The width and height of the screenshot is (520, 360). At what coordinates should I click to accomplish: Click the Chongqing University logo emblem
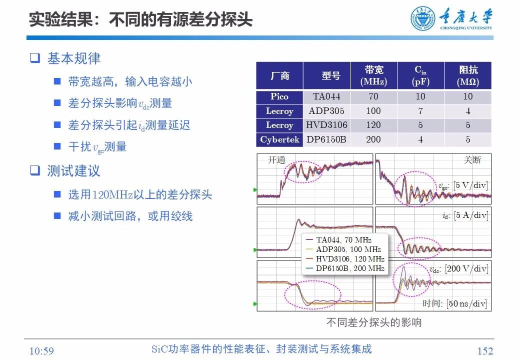coord(423,19)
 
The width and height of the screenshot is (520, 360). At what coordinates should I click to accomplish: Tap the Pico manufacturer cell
coord(279,96)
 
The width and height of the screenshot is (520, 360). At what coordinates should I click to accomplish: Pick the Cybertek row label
coord(279,139)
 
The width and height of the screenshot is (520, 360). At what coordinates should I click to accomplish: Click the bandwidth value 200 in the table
coord(373,139)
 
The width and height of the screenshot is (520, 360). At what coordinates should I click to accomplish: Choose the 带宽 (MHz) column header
coord(373,75)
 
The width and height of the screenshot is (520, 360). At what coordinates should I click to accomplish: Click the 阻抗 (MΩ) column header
coord(467,75)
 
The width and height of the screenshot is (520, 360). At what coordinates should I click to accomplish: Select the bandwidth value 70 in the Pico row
coord(373,96)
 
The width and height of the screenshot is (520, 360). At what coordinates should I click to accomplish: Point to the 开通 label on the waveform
coord(276,160)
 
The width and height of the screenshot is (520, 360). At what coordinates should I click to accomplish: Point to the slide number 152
coord(484,351)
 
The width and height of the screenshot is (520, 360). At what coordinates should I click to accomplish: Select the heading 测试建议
coord(73,171)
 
